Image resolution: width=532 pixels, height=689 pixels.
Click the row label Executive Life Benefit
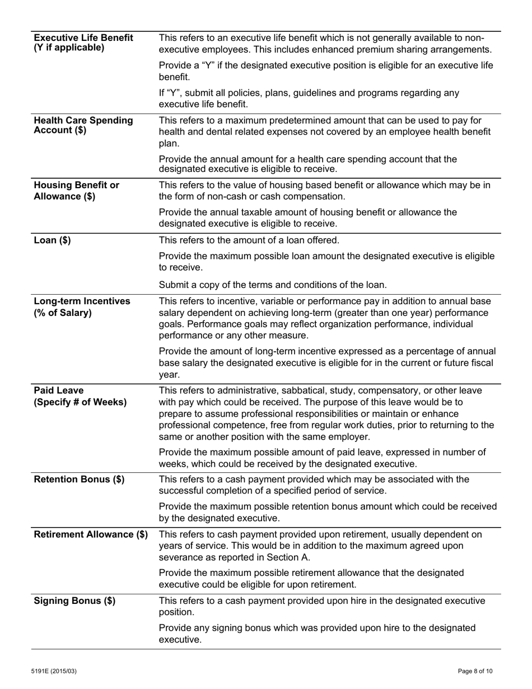[x=83, y=38]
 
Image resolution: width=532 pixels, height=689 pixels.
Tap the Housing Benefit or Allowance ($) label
[x=77, y=190]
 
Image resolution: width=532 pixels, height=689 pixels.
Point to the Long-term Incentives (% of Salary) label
[x=82, y=307]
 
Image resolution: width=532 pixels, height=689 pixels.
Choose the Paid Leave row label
[x=59, y=390]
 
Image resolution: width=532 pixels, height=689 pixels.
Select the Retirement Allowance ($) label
[x=91, y=534]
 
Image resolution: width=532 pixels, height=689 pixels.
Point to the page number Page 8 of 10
[x=475, y=671]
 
